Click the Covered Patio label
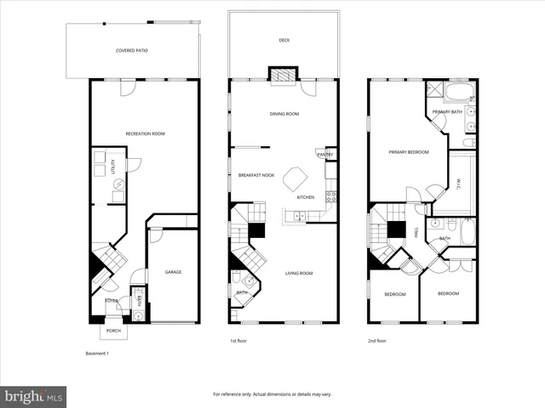coord(132,51)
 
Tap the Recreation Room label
coord(145,133)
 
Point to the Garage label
coord(173,272)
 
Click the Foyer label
coord(112,301)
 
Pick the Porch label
coord(113,331)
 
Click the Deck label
coord(284,40)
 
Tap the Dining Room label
coord(282,113)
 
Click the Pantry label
coord(324,155)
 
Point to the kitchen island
coord(295,178)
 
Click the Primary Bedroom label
coord(408,152)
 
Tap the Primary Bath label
coord(446,112)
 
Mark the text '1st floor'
coord(238,341)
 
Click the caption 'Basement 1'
coord(98,353)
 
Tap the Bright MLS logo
coord(33,396)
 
